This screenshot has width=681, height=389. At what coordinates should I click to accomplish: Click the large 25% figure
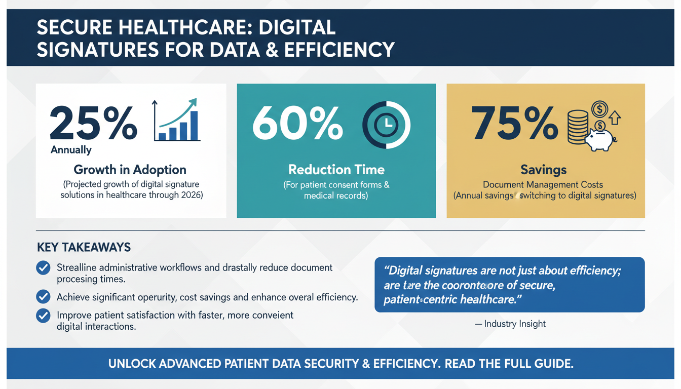pos(93,123)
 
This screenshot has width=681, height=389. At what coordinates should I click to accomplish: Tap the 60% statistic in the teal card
pos(297,123)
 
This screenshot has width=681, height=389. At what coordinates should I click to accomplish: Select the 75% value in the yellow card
pos(515,123)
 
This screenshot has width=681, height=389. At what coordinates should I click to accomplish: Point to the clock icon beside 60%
pos(386,125)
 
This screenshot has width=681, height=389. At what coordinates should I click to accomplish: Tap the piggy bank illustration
pos(601,138)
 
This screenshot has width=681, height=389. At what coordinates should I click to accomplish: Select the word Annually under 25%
pos(71,150)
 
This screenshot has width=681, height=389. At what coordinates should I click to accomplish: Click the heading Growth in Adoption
pos(130,170)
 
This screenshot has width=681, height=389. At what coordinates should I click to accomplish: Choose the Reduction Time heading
pos(336,169)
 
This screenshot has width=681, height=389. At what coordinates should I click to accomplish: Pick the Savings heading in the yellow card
pos(545,169)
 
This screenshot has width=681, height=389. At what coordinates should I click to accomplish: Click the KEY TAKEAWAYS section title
pos(84,247)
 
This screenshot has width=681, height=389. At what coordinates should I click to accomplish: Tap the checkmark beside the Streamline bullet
pos(44,267)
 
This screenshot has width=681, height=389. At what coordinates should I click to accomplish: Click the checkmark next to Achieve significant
pos(44,297)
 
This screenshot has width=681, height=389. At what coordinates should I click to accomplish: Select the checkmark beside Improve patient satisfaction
pos(44,316)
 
